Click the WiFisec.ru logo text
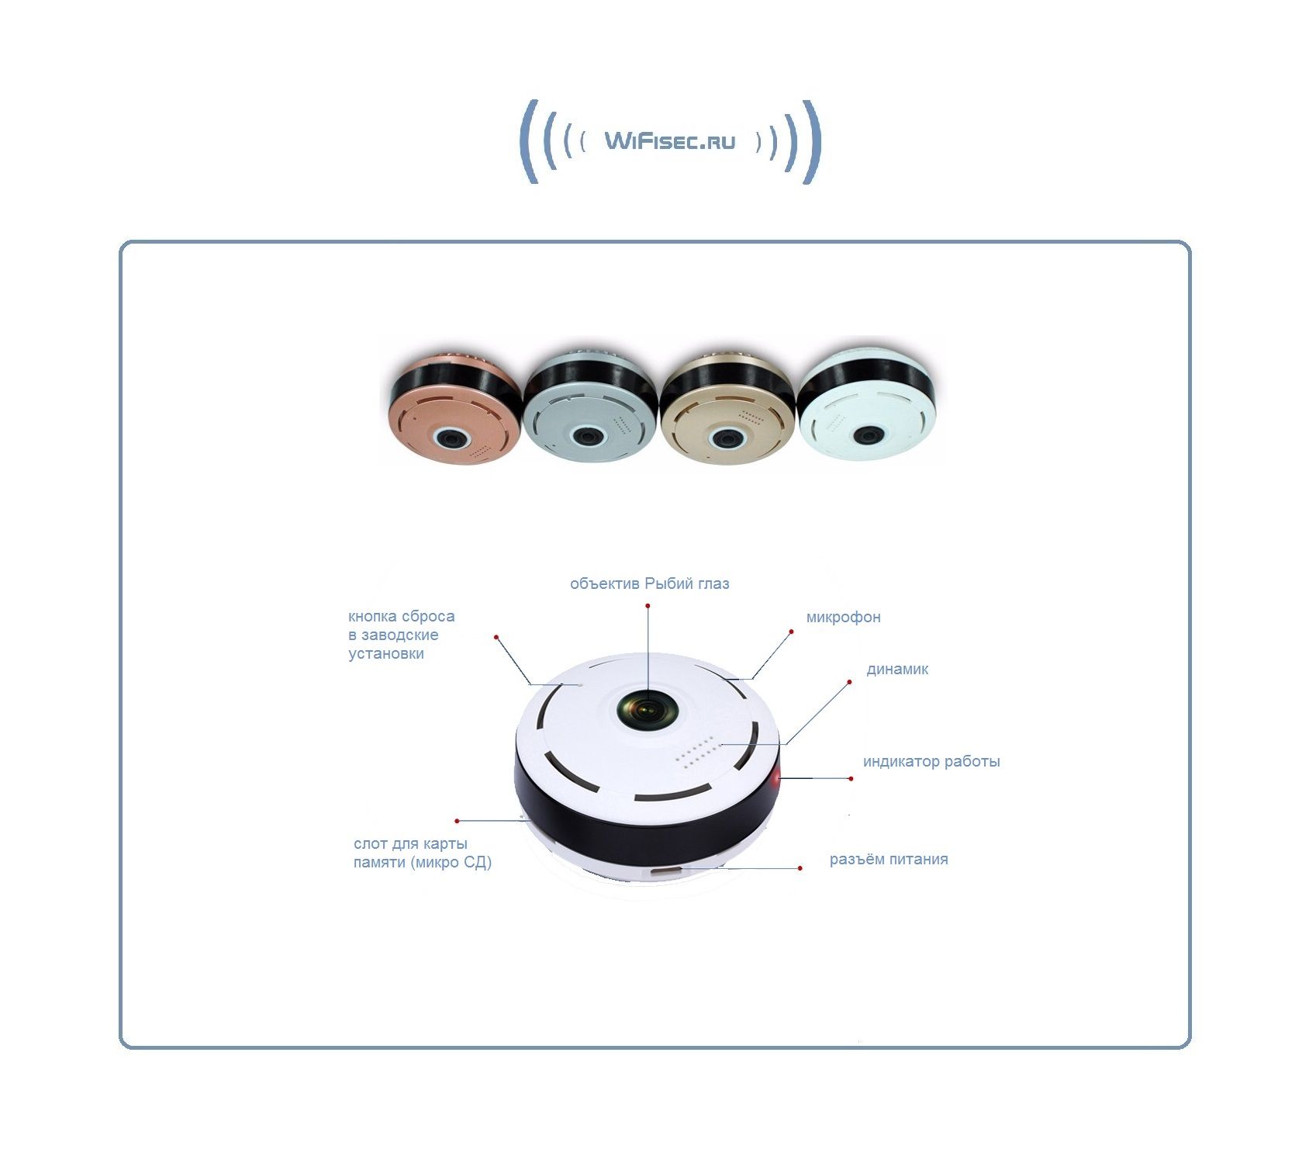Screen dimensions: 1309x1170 point(669,141)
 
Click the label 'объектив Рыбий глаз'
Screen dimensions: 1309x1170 point(650,584)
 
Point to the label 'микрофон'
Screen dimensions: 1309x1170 point(843,618)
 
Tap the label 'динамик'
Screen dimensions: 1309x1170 point(897,670)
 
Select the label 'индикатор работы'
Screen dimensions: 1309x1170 point(931,762)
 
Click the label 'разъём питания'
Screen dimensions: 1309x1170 point(889,860)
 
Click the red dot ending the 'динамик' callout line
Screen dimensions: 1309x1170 point(849,682)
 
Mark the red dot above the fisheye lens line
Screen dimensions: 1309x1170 point(648,606)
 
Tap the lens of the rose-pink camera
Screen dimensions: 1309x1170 point(452,438)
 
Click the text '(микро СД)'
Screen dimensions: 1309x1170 point(452,863)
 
